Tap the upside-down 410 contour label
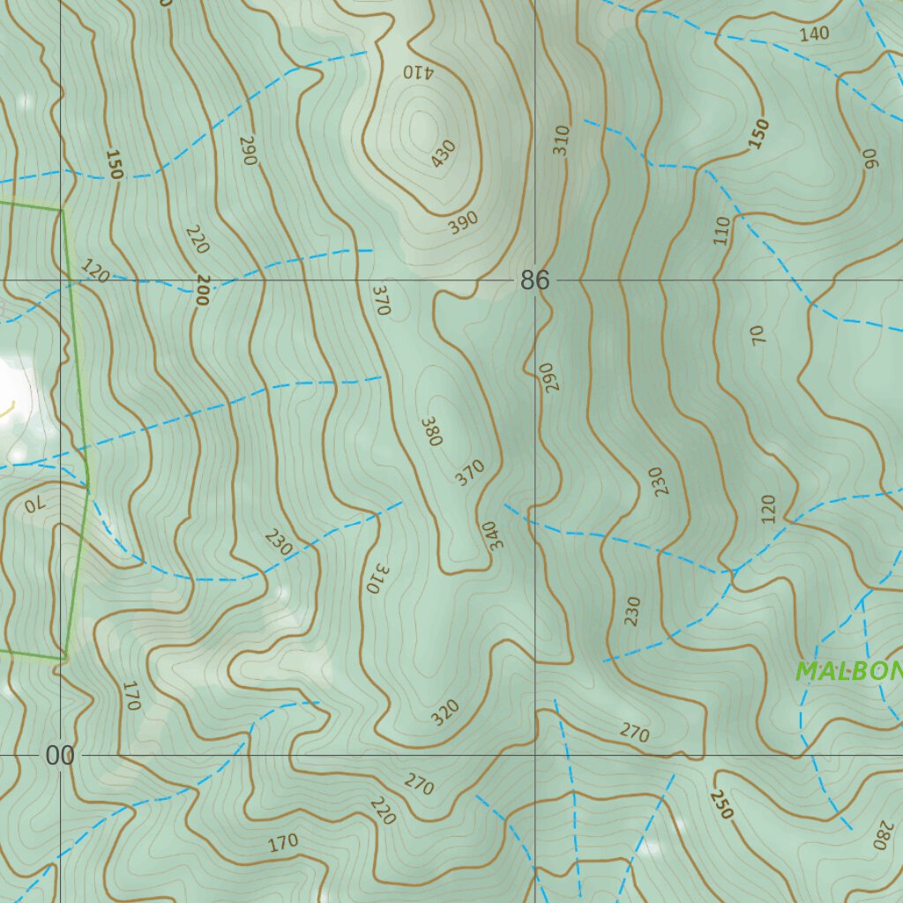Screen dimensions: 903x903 [x=418, y=71]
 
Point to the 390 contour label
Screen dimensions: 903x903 [x=462, y=223]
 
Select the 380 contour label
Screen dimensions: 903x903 [x=430, y=431]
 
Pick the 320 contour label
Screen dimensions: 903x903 [x=445, y=712]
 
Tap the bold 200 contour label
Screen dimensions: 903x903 [x=202, y=289]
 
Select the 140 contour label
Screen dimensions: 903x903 [x=814, y=34]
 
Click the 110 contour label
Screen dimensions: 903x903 [x=723, y=230]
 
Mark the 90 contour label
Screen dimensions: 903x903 [x=871, y=158]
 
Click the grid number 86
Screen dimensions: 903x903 [x=534, y=280]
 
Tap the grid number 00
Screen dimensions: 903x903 [x=60, y=756]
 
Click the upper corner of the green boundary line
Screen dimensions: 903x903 [x=63, y=210]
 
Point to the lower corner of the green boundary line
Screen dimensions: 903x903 [x=64, y=658]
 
